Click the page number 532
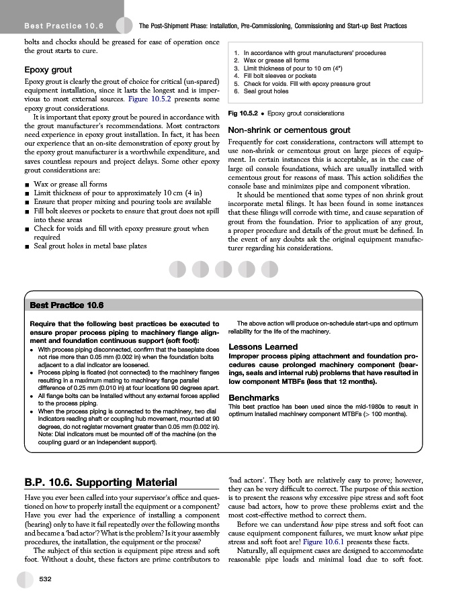pyautogui.click(x=46, y=578)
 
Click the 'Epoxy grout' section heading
pyautogui.click(x=48, y=69)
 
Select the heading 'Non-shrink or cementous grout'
pyautogui.click(x=289, y=130)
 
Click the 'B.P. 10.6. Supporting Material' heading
pyautogui.click(x=100, y=482)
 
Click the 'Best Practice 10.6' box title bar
pyautogui.click(x=67, y=305)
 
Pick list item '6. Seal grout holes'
pyautogui.click(x=261, y=92)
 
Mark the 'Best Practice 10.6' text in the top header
pyautogui.click(x=62, y=26)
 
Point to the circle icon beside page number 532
pyautogui.click(x=26, y=579)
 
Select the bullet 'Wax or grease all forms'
pyautogui.click(x=70, y=184)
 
